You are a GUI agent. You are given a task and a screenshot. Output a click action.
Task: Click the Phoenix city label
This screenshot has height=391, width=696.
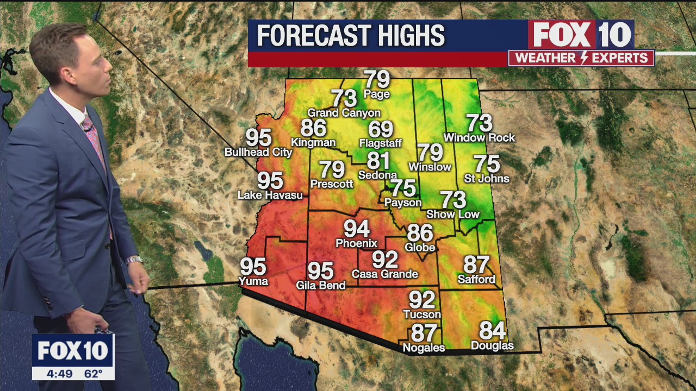point(356,243)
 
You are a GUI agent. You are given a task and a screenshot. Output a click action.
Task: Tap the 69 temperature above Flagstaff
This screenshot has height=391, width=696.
point(381,129)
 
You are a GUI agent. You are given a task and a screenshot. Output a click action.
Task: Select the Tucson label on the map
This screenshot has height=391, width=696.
point(422,314)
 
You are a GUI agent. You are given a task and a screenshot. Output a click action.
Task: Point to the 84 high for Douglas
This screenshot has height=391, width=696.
point(492,330)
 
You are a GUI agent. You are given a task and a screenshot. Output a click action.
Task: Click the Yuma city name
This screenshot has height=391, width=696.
point(253,281)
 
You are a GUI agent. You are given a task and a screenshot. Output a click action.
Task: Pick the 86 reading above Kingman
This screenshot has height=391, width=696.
point(313,128)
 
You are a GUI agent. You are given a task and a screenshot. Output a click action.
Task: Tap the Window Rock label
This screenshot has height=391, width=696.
point(479,138)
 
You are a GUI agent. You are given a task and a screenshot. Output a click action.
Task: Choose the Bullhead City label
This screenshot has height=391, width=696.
point(258,152)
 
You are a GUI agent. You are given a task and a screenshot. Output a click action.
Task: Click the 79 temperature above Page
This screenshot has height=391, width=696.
point(377,79)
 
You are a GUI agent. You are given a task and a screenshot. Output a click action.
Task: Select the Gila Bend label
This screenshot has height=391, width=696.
point(320,285)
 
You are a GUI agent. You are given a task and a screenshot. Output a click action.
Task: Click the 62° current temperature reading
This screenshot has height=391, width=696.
point(94,374)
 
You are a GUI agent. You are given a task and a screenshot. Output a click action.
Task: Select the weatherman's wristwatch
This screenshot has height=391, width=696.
point(134,260)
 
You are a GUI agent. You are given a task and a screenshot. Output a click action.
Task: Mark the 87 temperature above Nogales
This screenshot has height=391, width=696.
point(424,332)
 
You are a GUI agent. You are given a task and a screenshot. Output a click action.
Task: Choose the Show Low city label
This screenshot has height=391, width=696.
point(453,214)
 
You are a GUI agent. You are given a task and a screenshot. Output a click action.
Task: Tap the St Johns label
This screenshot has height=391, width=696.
point(487,178)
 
